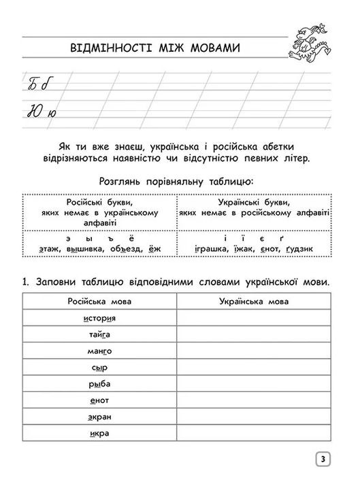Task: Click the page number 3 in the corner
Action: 323,460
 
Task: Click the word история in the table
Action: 99,319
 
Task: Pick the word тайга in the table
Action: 99,335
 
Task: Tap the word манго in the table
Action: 99,351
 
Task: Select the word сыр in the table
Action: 99,368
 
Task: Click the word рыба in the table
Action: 99,384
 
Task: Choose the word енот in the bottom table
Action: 99,400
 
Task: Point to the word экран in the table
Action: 99,417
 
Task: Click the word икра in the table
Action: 99,433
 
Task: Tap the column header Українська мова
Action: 254,302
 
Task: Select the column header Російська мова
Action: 99,302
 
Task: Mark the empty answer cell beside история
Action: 254,319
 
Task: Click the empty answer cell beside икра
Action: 254,433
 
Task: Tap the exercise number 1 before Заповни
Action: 25,281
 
